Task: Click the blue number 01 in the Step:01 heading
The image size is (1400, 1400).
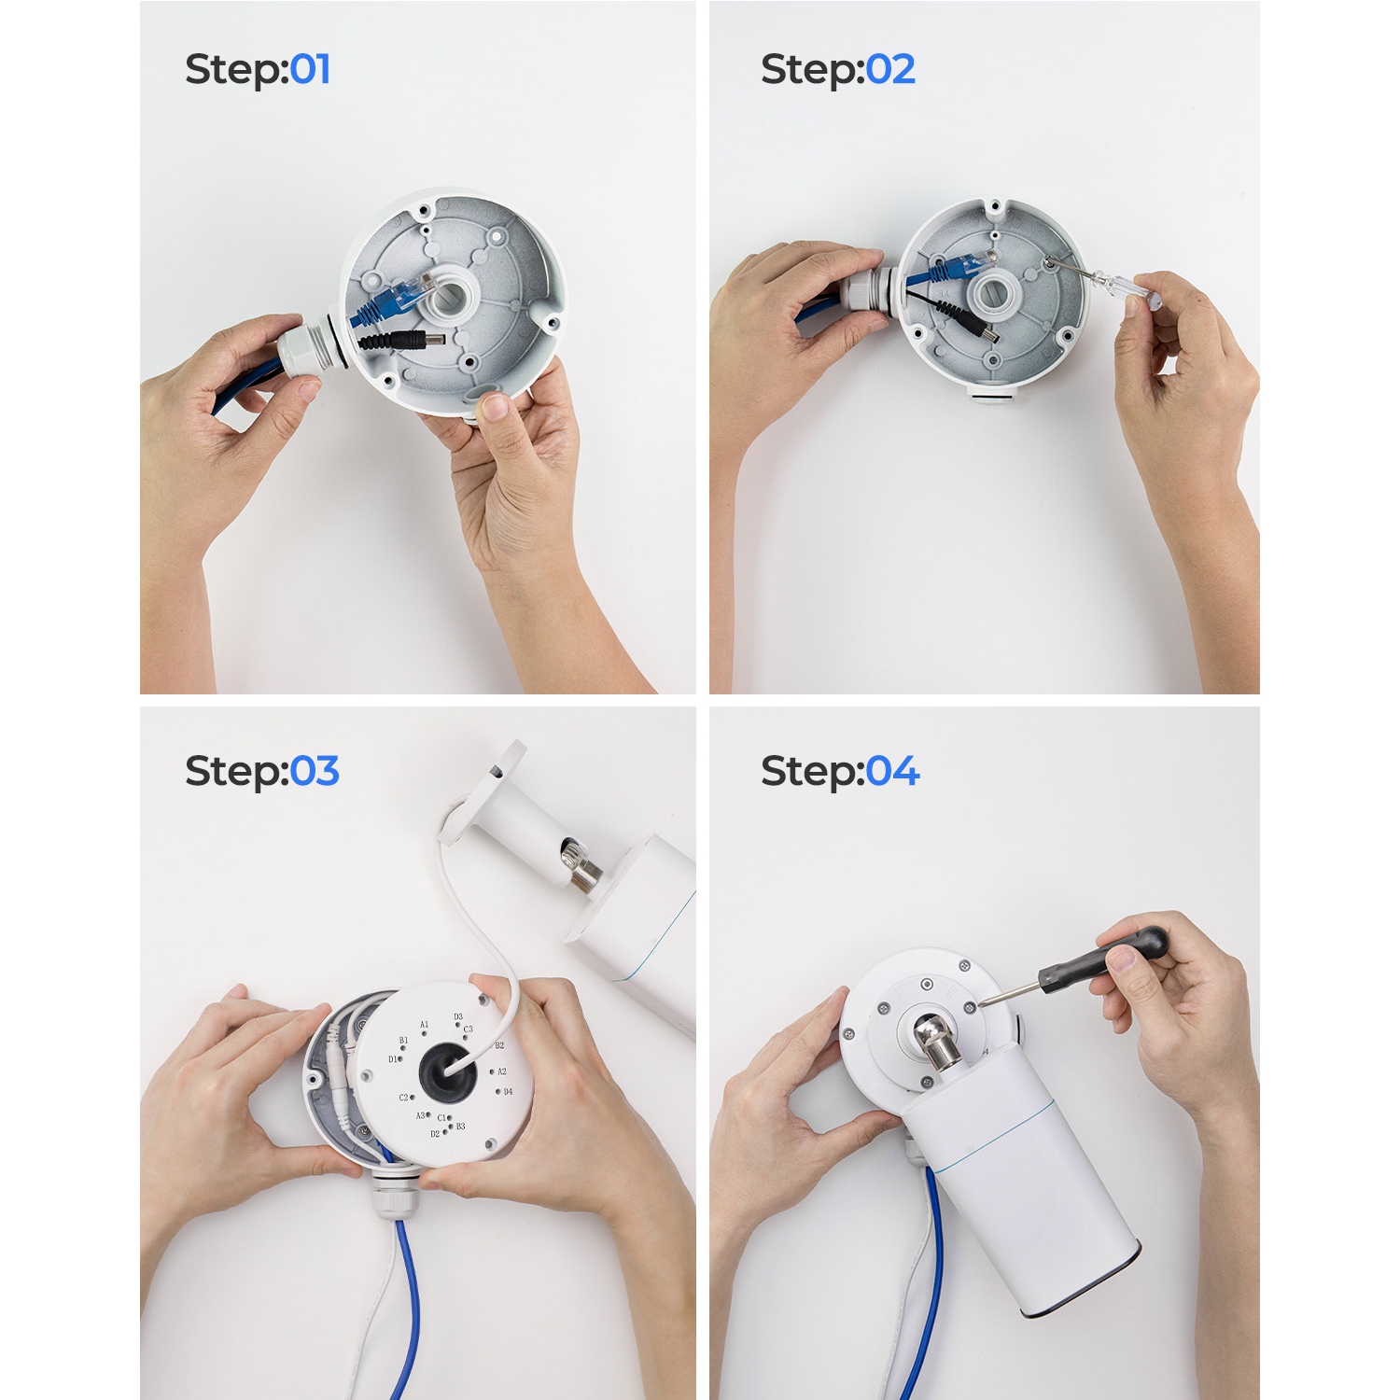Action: [310, 70]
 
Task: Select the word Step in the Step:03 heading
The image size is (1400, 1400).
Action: [233, 772]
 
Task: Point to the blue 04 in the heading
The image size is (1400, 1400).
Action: [892, 772]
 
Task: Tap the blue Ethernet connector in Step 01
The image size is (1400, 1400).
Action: [396, 295]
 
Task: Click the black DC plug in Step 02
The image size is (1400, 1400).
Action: [979, 328]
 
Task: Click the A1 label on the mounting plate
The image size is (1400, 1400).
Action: [424, 1025]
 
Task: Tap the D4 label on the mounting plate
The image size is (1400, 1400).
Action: [508, 1091]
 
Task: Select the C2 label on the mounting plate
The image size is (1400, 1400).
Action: [403, 1098]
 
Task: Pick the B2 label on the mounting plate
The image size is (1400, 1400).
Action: [499, 1045]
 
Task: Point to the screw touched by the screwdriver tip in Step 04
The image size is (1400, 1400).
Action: [970, 1007]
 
